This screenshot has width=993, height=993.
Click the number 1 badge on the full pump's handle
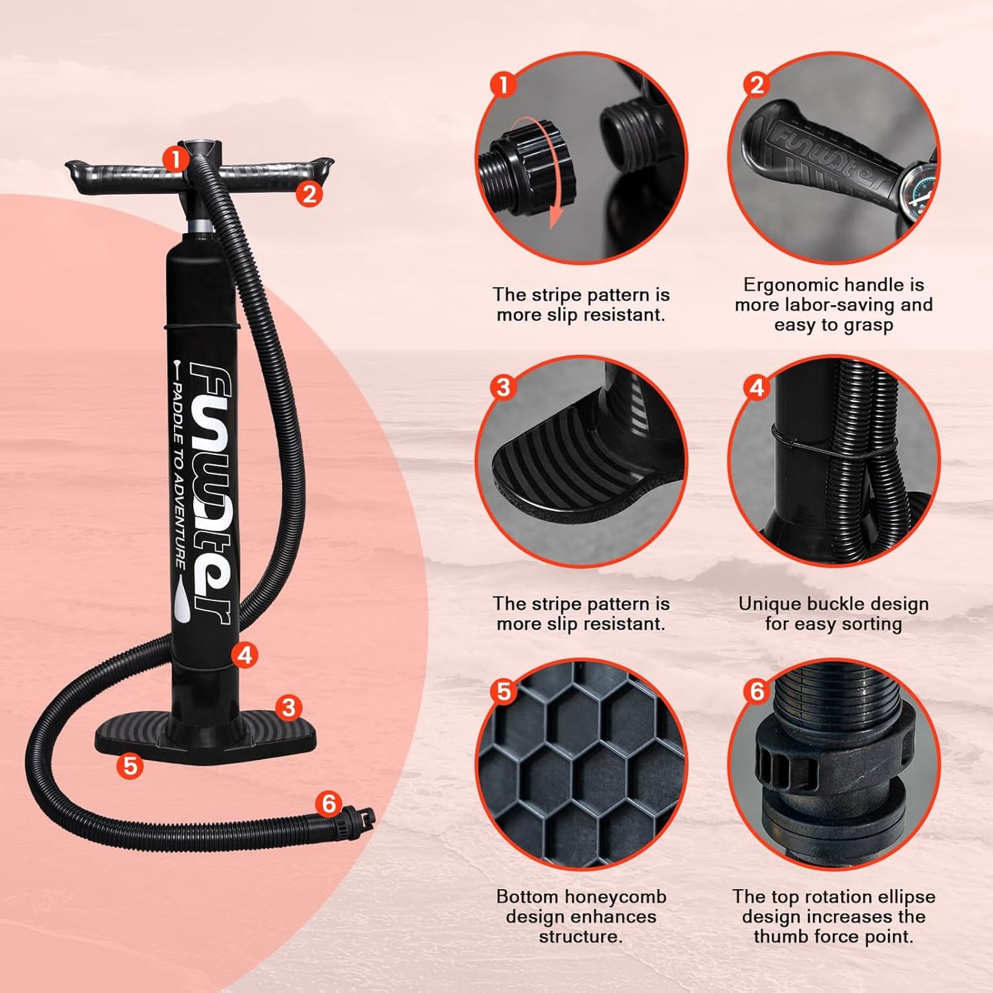click(176, 159)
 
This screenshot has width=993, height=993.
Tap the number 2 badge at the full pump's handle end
click(309, 194)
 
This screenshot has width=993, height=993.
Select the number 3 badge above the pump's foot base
click(289, 707)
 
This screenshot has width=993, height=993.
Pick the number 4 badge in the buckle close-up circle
click(757, 388)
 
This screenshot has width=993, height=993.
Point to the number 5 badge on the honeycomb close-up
click(504, 691)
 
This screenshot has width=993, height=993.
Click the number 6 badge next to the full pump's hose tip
click(329, 803)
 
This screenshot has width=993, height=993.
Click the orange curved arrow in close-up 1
click(550, 172)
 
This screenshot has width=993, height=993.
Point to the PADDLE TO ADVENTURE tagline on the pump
click(177, 474)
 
